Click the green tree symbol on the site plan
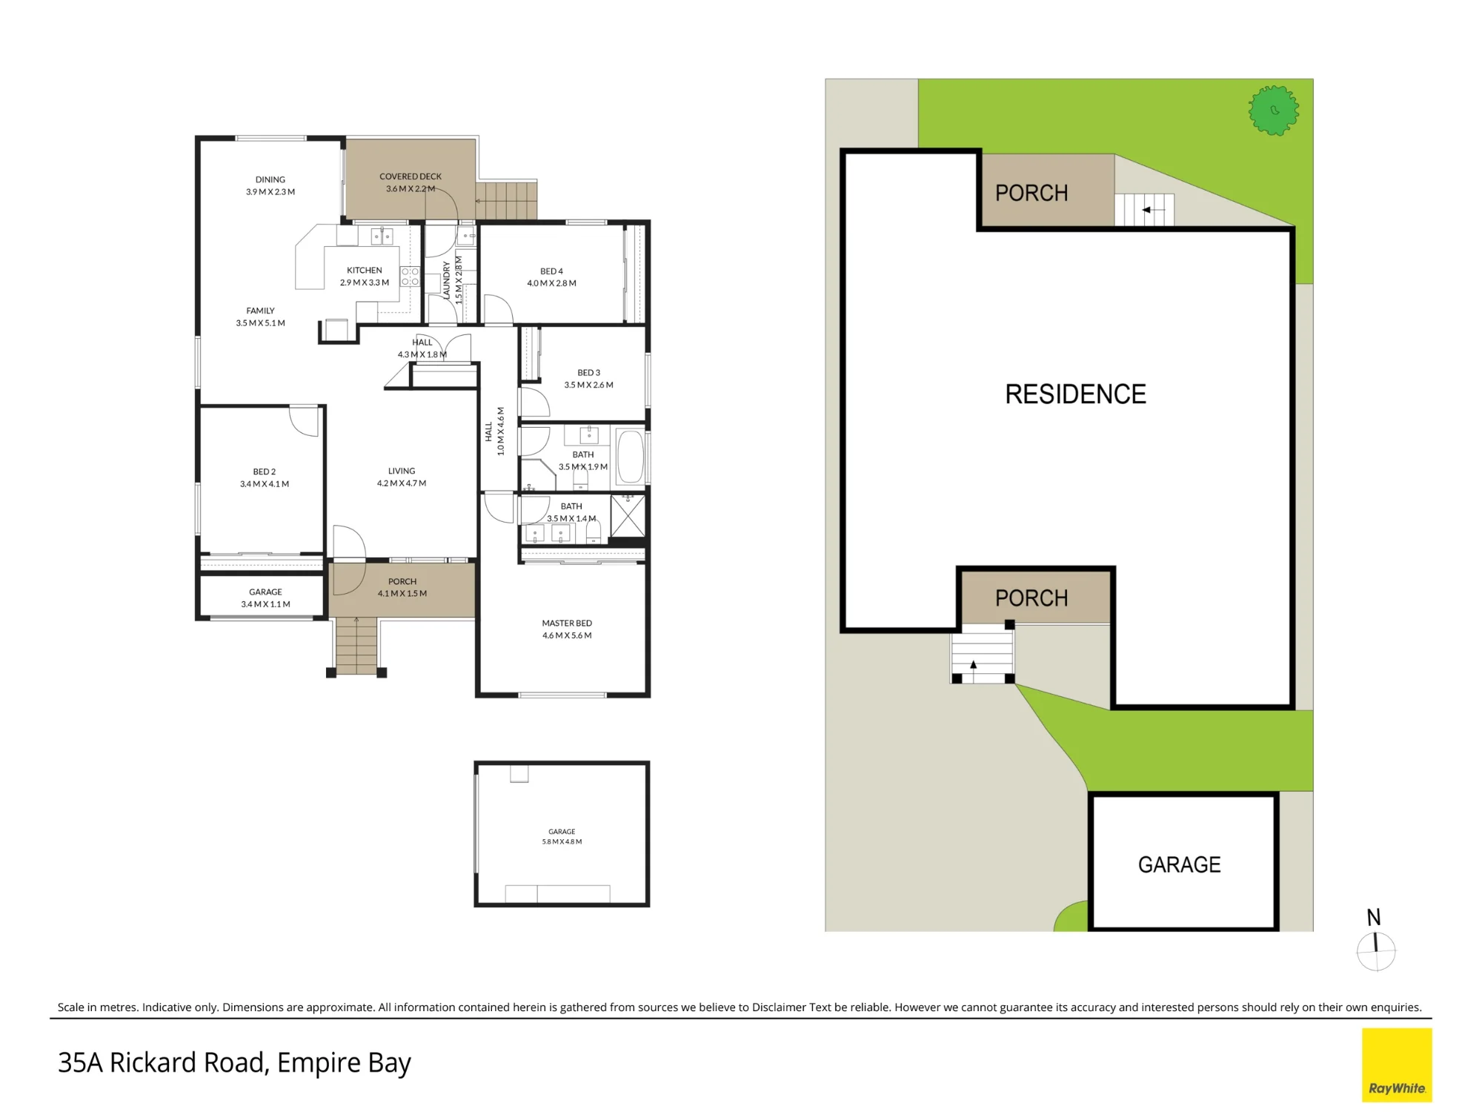[x=1273, y=110]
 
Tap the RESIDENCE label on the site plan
[x=1075, y=394]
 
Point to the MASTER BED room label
[x=567, y=623]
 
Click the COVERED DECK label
[x=411, y=176]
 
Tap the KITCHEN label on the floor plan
[x=365, y=271]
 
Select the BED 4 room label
[x=551, y=271]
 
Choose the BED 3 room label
[x=589, y=373]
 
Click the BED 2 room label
[x=265, y=471]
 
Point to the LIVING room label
[x=402, y=471]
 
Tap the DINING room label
[x=270, y=179]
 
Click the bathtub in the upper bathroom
[x=631, y=456]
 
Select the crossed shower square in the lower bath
[x=628, y=516]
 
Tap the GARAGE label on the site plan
[x=1179, y=864]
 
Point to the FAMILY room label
[x=261, y=311]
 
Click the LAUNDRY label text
[x=447, y=280]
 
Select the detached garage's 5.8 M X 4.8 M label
[x=562, y=841]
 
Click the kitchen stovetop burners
[x=410, y=277]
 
